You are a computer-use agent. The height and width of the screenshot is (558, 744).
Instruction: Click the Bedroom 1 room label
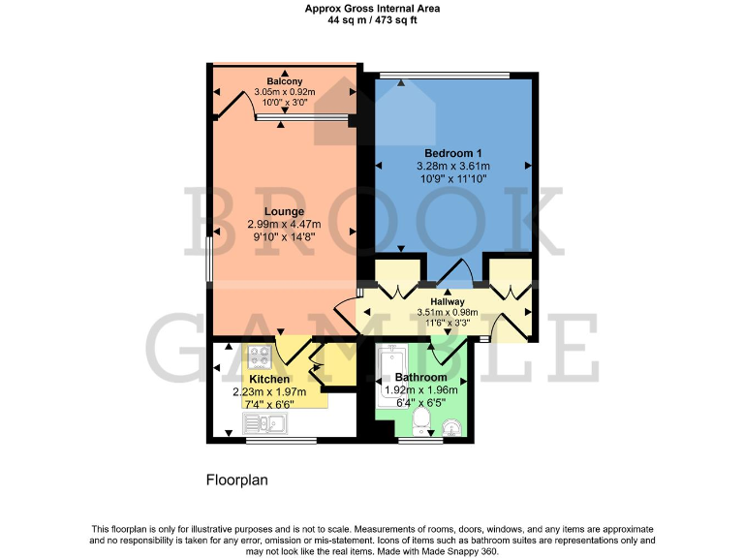pyautogui.click(x=452, y=154)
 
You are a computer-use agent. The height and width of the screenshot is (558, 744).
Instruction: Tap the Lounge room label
pyautogui.click(x=284, y=211)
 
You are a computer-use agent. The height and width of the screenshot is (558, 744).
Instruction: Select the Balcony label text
pyautogui.click(x=283, y=81)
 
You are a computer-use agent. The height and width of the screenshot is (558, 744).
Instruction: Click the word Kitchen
pyautogui.click(x=269, y=379)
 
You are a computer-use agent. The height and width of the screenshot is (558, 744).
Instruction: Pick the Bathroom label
pyautogui.click(x=421, y=377)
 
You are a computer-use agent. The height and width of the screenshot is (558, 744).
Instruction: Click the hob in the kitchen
pyautogui.click(x=261, y=356)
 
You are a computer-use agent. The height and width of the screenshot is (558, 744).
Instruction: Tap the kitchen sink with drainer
pyautogui.click(x=263, y=422)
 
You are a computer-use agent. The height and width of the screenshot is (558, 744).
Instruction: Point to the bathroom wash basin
pyautogui.click(x=449, y=424)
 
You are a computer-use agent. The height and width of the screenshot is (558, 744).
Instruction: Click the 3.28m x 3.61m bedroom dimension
pyautogui.click(x=452, y=167)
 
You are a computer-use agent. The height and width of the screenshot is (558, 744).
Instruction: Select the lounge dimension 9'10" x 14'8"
pyautogui.click(x=284, y=237)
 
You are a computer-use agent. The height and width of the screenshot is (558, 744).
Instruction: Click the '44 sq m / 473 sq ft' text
pyautogui.click(x=371, y=19)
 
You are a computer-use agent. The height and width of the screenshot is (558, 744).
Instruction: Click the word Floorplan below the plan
pyautogui.click(x=237, y=480)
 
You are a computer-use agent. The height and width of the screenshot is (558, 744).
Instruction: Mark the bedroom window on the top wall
pyautogui.click(x=444, y=75)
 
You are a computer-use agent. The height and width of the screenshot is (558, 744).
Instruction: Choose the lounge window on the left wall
pyautogui.click(x=208, y=260)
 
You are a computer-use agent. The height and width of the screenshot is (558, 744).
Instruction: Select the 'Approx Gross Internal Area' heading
pyautogui.click(x=371, y=8)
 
